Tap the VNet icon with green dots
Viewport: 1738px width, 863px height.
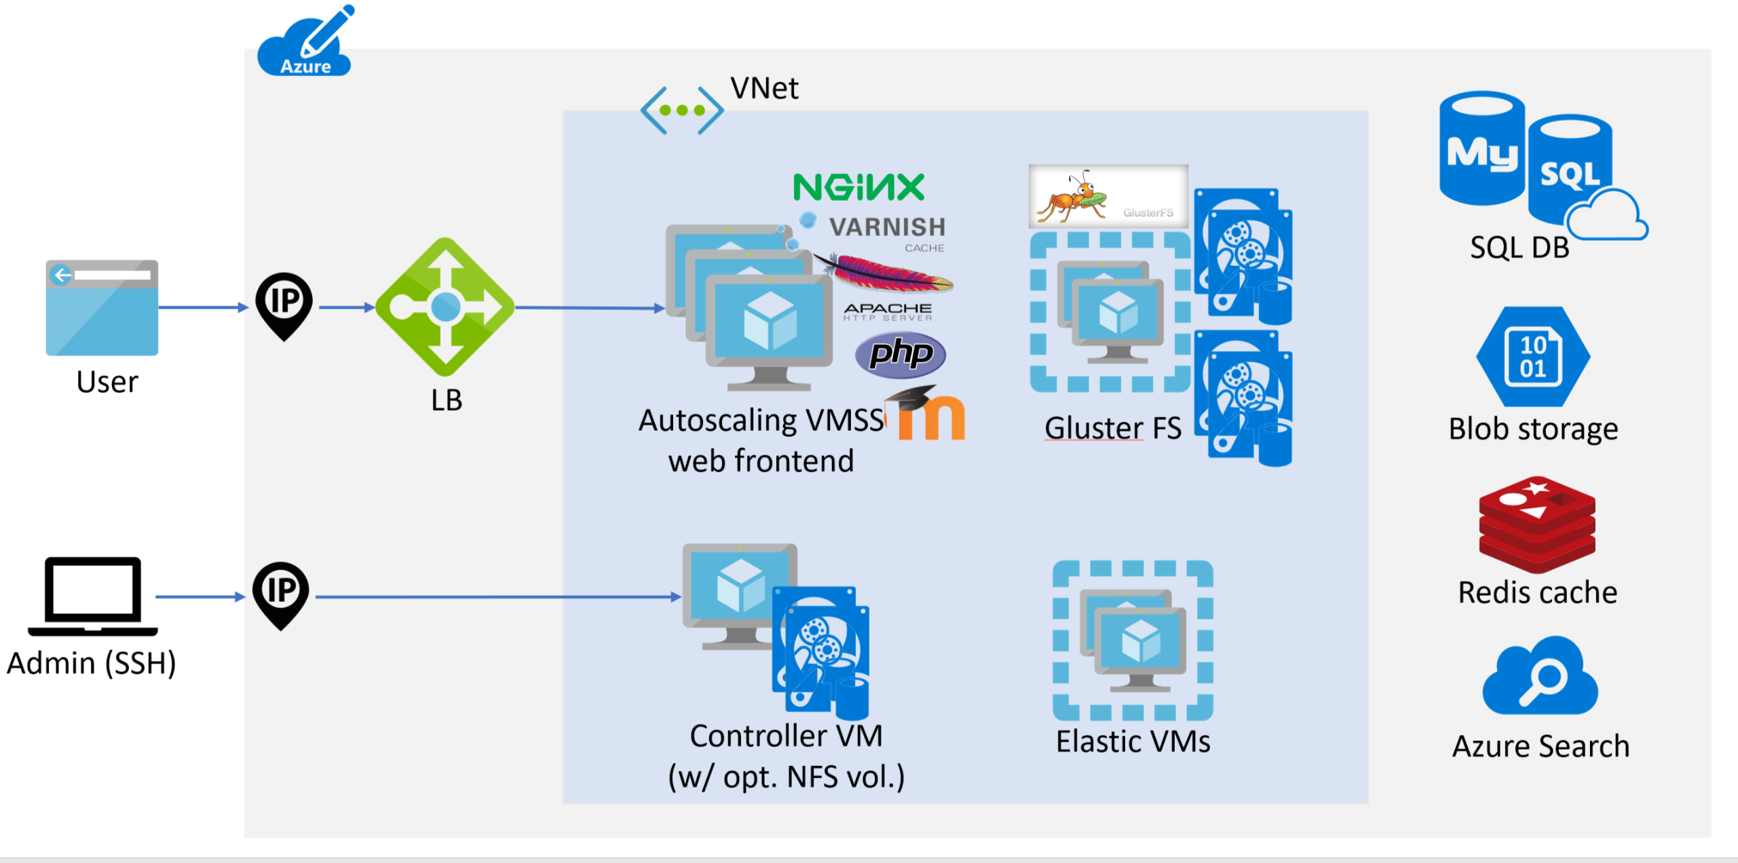[681, 110]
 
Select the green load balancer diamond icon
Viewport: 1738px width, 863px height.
[445, 307]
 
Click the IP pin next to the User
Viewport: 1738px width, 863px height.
[284, 304]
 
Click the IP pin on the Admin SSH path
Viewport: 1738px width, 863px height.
[281, 594]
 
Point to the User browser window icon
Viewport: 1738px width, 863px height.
[102, 307]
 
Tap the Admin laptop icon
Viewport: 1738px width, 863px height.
[93, 596]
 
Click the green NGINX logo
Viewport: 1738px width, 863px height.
[858, 187]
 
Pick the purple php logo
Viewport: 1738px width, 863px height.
[900, 354]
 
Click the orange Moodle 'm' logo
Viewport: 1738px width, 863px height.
[930, 415]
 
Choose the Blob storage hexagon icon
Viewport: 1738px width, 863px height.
[1533, 357]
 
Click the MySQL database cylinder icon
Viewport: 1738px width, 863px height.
[1482, 149]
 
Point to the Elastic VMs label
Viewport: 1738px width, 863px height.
[1133, 742]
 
